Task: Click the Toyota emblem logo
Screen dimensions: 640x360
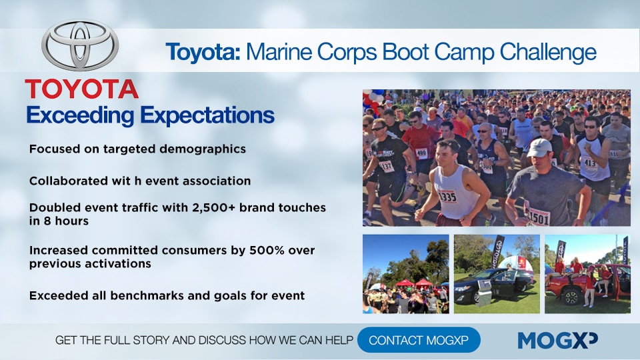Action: pos(80,46)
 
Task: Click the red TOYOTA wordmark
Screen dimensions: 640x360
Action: pos(81,89)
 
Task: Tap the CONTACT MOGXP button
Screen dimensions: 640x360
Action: pos(419,340)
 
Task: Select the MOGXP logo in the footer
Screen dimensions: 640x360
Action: pos(557,340)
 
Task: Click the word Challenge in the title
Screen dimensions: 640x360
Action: pos(548,52)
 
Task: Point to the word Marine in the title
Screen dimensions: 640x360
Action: pos(279,52)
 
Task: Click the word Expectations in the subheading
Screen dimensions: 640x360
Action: pos(207,115)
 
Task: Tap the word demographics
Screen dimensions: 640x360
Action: pos(203,149)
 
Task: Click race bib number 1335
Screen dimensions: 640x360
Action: pos(448,197)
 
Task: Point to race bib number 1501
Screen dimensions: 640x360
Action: pos(539,217)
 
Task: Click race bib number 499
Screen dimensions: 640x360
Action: pos(421,153)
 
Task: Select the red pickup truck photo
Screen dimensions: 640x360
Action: pos(587,274)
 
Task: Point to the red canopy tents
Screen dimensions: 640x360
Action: pos(411,283)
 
